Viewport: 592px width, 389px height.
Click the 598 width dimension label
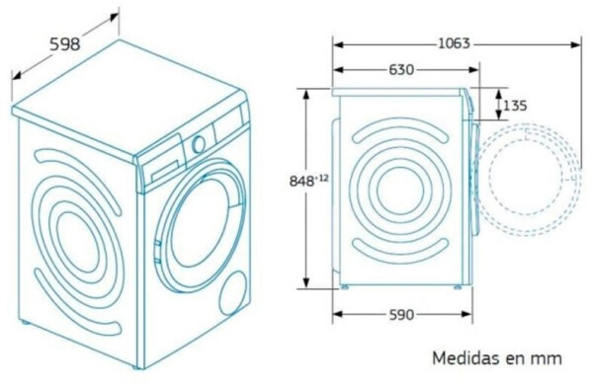tap(65, 44)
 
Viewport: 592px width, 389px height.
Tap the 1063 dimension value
tap(454, 43)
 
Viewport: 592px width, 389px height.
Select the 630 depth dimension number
tap(401, 70)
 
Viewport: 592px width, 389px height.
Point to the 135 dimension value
tap(515, 106)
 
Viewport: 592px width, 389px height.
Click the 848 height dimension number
tap(301, 182)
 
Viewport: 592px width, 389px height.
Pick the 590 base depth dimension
tap(401, 314)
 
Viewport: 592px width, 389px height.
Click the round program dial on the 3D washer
tap(199, 144)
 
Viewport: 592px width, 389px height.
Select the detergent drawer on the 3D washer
tap(165, 171)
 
